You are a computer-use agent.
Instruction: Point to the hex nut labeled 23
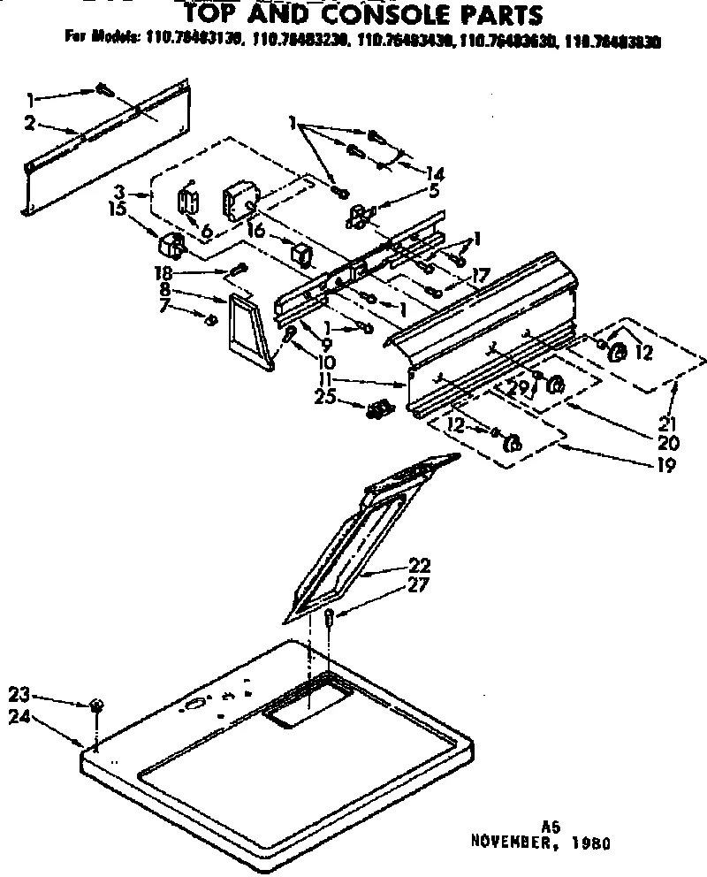pyautogui.click(x=96, y=705)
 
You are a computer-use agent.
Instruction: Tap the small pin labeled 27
pyautogui.click(x=329, y=615)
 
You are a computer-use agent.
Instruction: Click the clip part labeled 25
pyautogui.click(x=378, y=410)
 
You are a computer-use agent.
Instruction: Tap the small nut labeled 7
pyautogui.click(x=212, y=320)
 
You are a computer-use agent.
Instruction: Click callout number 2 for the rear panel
pyautogui.click(x=29, y=124)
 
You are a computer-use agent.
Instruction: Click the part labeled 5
pyautogui.click(x=358, y=216)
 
